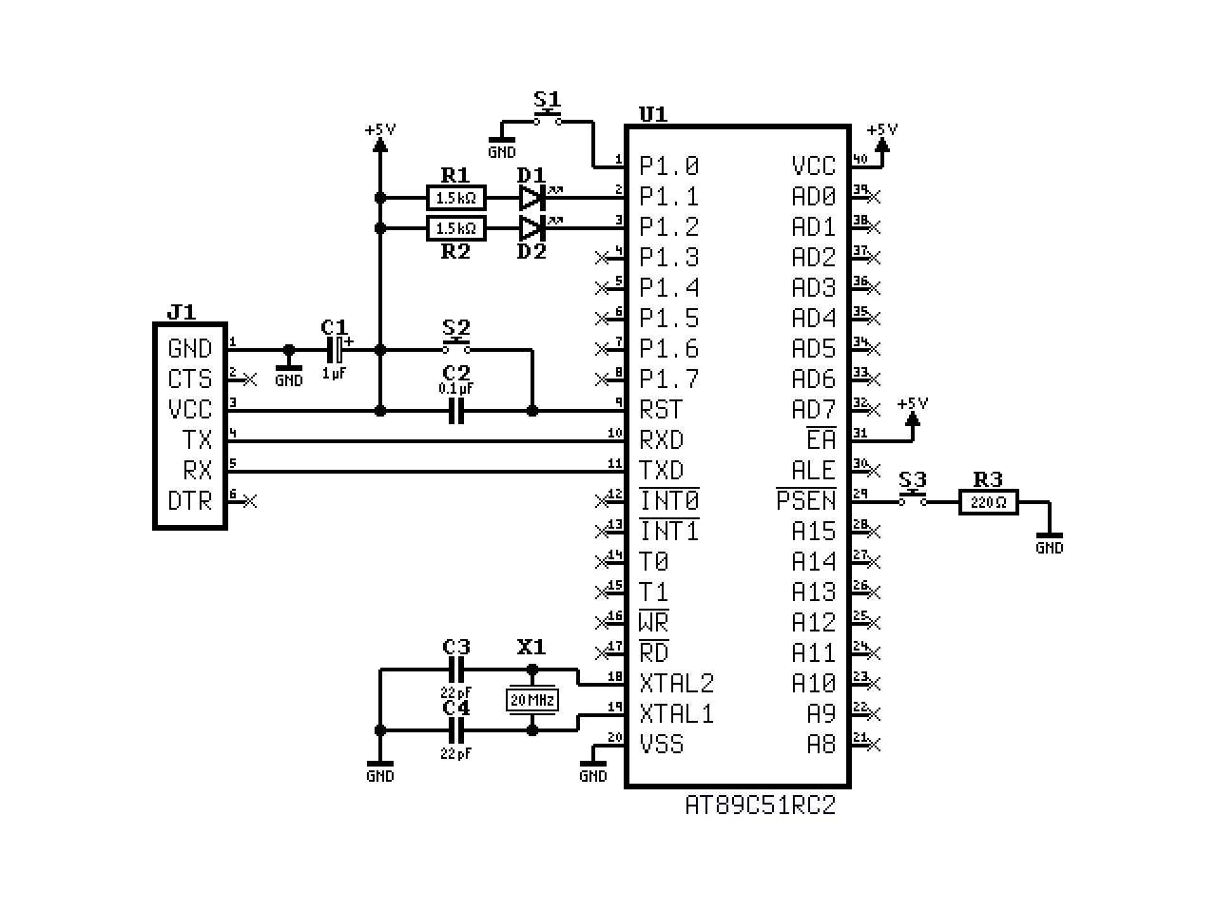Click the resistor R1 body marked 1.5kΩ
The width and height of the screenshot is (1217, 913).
click(456, 198)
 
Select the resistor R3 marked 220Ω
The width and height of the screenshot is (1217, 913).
click(988, 502)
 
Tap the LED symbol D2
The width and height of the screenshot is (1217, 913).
click(531, 228)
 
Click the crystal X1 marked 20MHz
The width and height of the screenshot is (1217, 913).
click(531, 701)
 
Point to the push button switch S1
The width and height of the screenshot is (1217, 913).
click(547, 120)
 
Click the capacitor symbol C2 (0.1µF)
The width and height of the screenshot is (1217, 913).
click(456, 411)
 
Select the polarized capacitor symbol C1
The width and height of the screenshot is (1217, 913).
click(335, 350)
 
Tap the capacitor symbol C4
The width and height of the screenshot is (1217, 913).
click(456, 730)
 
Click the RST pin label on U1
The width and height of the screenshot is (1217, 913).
click(661, 410)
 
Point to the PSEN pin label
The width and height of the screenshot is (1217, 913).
click(806, 500)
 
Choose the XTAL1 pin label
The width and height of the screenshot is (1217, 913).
click(676, 714)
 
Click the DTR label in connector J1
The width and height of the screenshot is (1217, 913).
click(189, 501)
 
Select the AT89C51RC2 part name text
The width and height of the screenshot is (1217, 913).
click(761, 806)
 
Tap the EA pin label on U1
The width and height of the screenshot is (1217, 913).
click(821, 439)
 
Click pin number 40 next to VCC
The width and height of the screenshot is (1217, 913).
click(859, 159)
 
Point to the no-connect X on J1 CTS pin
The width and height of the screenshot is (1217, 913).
click(250, 379)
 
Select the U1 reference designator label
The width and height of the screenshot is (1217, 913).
click(652, 114)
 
